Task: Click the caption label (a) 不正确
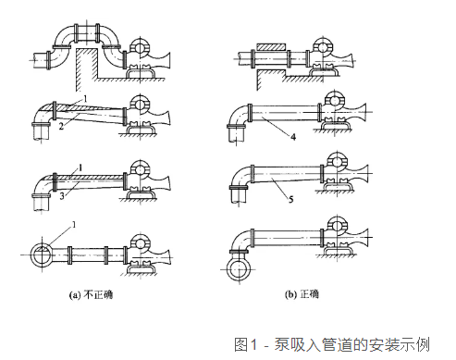pos(91,295)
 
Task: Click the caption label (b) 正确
pos(302,294)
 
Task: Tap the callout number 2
pos(61,126)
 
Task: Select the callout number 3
pos(62,195)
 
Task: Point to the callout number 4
pos(293,137)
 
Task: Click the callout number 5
pos(290,199)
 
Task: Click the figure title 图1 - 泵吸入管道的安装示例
pos(332,344)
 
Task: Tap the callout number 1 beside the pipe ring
pos(74,225)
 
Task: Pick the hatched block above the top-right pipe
pos(271,47)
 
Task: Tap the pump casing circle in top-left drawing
pos(140,47)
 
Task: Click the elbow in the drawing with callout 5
pos(240,175)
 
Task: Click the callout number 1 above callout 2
pos(85,99)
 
